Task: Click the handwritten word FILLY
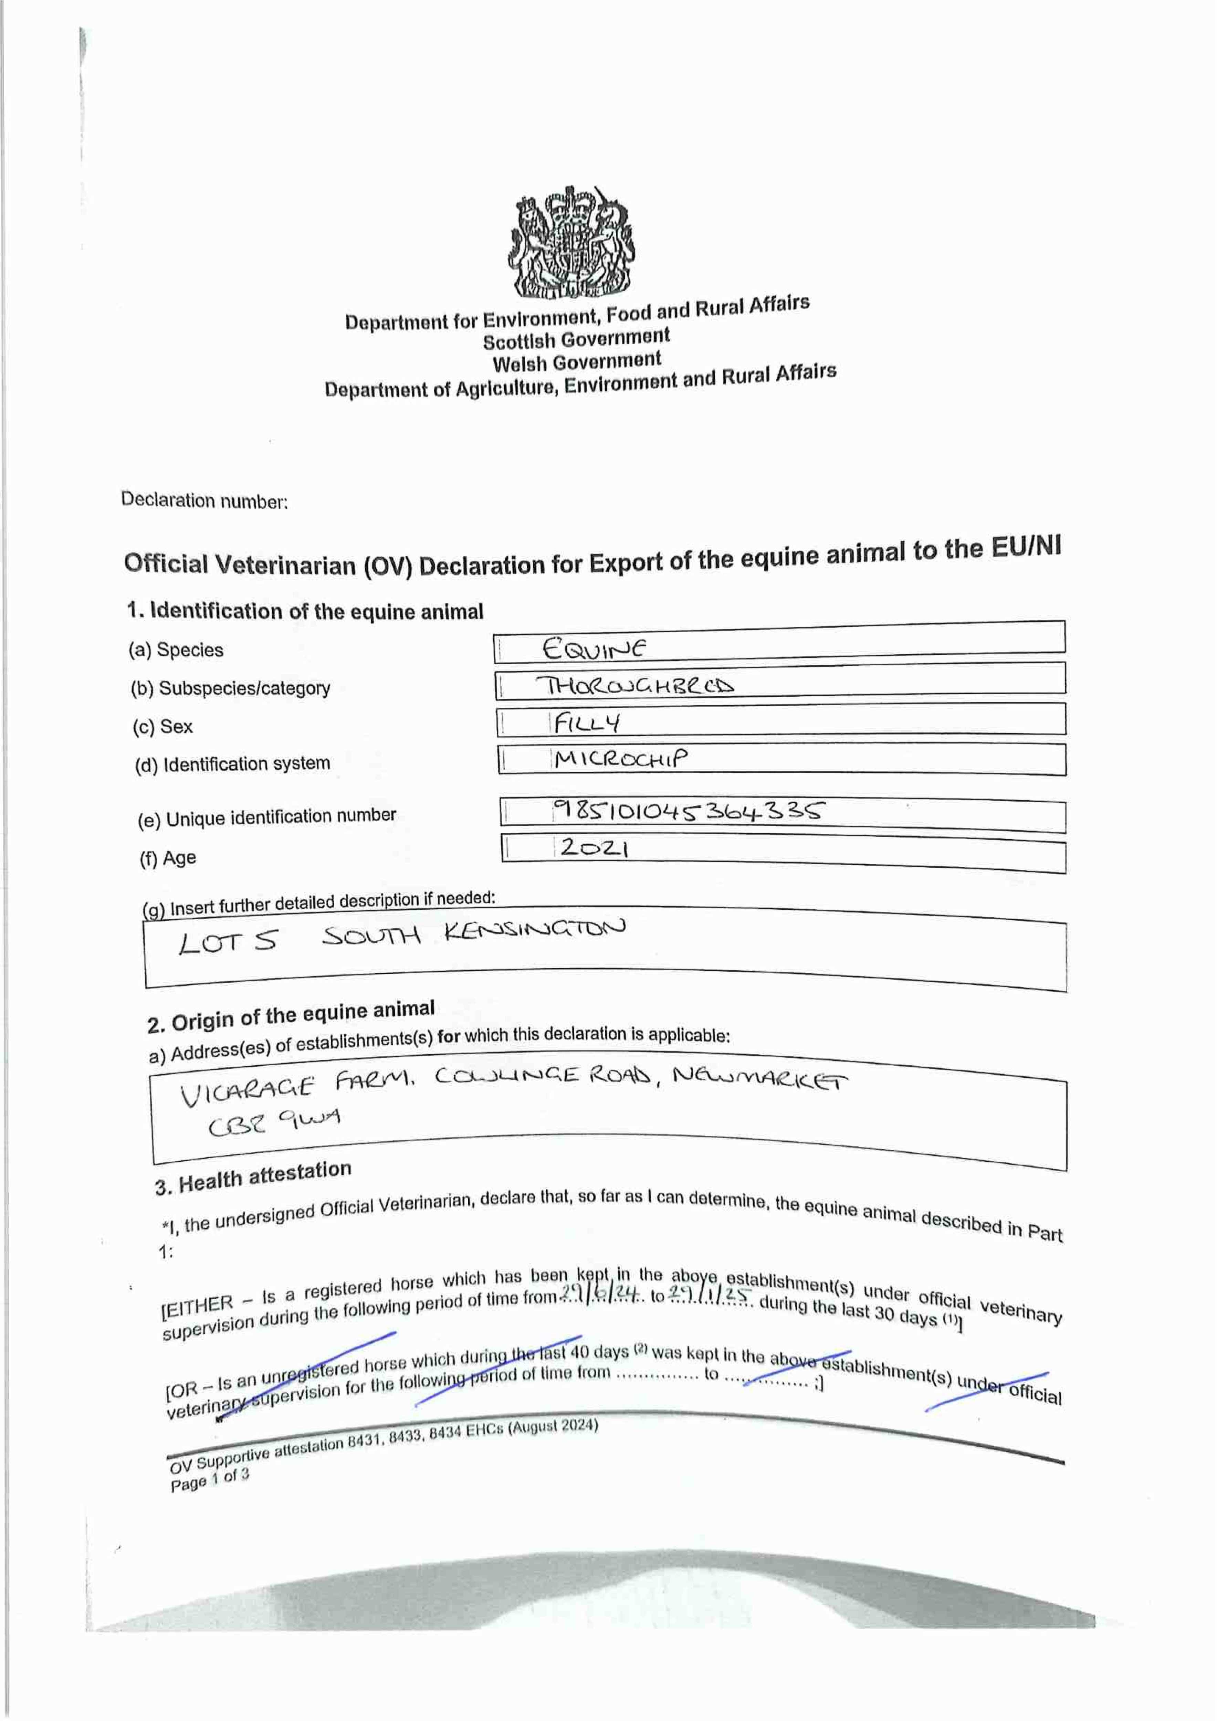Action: [587, 722]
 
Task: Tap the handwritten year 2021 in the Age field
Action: [594, 848]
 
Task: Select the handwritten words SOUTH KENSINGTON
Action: [474, 933]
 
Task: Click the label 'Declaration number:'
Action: [204, 501]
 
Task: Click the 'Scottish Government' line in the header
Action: [576, 339]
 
